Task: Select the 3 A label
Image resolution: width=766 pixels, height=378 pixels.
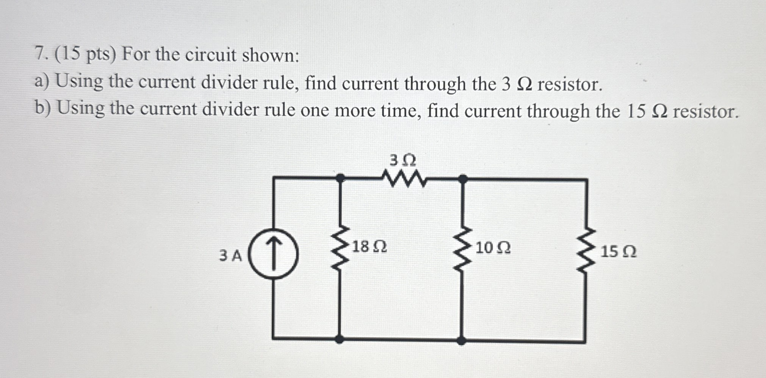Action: (230, 256)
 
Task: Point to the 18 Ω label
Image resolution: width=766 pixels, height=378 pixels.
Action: (370, 247)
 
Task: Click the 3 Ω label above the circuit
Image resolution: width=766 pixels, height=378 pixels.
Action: (403, 161)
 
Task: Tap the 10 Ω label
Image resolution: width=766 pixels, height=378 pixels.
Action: (493, 248)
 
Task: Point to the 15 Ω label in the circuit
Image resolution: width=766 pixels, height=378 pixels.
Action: (619, 252)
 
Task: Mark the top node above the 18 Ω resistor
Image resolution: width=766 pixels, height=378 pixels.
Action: (340, 177)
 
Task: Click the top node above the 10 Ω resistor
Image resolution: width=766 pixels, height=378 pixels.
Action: (463, 178)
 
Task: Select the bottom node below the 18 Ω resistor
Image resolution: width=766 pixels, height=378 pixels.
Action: (340, 339)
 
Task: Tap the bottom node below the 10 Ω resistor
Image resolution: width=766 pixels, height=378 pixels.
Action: (461, 340)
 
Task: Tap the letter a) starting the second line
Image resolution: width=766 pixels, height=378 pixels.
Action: (42, 81)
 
